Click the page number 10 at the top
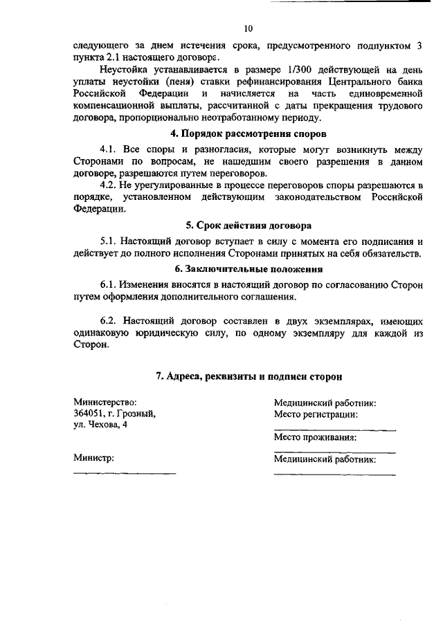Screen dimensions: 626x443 click(248, 28)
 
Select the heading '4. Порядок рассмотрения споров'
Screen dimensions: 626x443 click(248, 134)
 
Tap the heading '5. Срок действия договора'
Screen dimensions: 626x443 click(248, 225)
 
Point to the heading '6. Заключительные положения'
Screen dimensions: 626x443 click(248, 269)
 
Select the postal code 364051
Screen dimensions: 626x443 click(90, 414)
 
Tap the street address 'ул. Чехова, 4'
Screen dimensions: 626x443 click(100, 425)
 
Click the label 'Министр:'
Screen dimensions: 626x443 click(93, 458)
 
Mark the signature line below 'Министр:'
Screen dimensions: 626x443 click(125, 473)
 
